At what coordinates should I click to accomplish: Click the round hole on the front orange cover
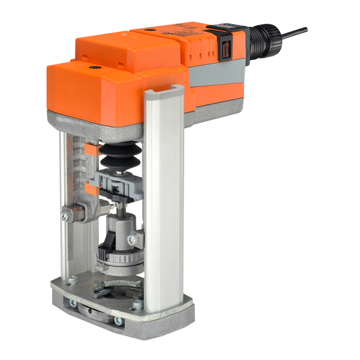(x=94, y=68)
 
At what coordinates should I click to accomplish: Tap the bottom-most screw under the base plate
(x=118, y=321)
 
